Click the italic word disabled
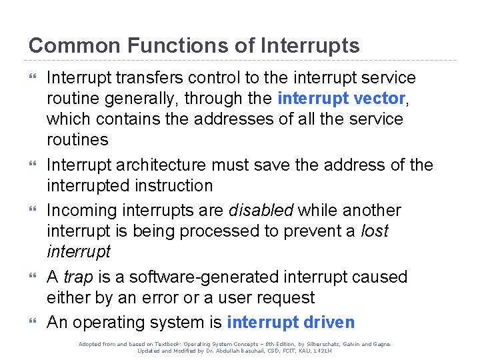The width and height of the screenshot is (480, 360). [x=261, y=211]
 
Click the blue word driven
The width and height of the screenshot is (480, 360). [x=329, y=323]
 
